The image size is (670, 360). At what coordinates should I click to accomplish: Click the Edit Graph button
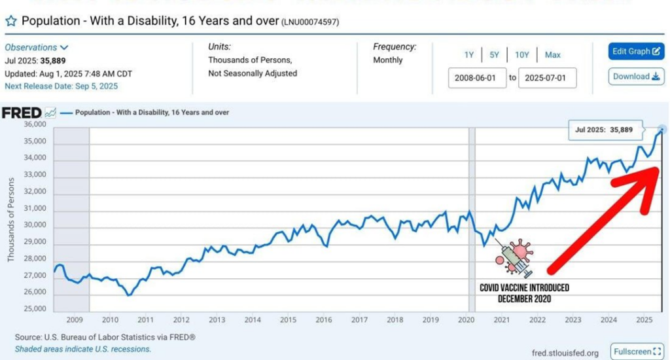(627, 52)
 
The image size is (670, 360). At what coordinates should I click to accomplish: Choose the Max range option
(552, 55)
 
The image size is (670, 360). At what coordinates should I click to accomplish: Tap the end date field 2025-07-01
(547, 78)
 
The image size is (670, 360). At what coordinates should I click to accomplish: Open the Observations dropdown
(36, 47)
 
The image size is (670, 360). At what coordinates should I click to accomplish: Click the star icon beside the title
(10, 21)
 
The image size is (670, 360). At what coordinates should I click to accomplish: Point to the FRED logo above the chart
(22, 113)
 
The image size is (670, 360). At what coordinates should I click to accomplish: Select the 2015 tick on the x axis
(288, 320)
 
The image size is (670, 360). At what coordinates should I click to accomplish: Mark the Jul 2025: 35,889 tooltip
(603, 130)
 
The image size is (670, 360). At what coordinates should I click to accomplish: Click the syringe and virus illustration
(514, 257)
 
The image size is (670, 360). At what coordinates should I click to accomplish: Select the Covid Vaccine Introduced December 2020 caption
(524, 293)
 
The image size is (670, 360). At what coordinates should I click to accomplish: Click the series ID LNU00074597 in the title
(310, 22)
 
